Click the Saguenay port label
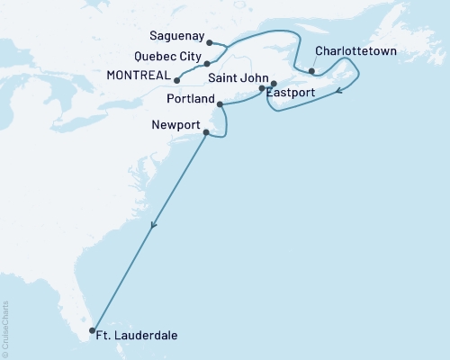[175, 42]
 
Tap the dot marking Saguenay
[209, 42]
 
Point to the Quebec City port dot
[207, 64]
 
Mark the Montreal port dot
[176, 80]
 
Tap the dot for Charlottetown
[311, 72]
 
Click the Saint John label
[231, 79]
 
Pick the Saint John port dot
[262, 88]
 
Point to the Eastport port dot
[274, 85]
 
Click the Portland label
[191, 95]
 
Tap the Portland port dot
[220, 104]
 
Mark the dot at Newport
[206, 133]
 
